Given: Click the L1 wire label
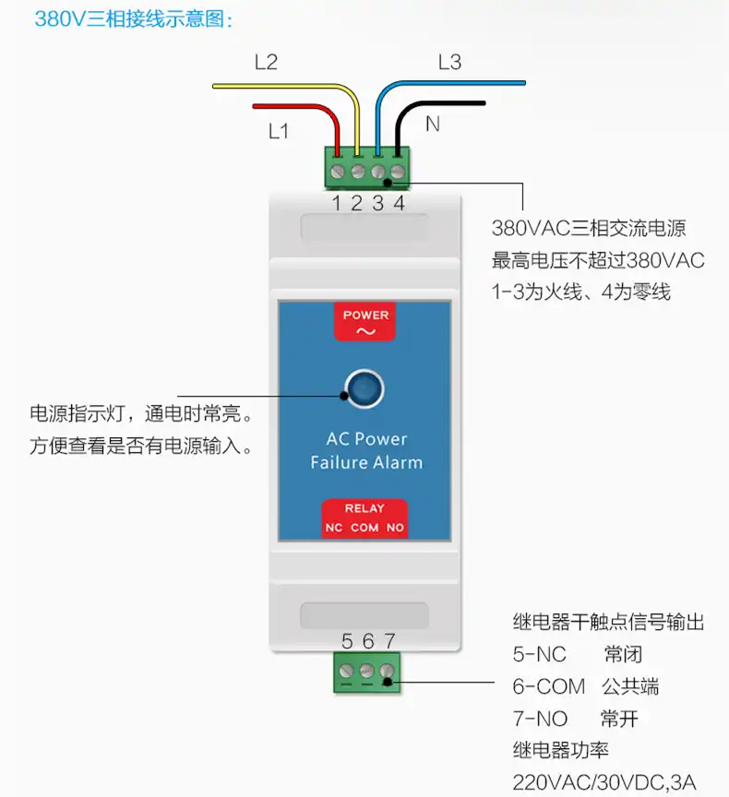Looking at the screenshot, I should pyautogui.click(x=279, y=131).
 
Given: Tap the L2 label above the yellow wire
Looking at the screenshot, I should pyautogui.click(x=266, y=63).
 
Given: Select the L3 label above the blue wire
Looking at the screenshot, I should pyautogui.click(x=449, y=63).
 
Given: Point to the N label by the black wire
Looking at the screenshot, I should pyautogui.click(x=432, y=124).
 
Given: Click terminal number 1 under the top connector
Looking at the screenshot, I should pyautogui.click(x=338, y=203).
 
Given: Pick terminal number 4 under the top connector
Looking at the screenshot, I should pyautogui.click(x=399, y=203).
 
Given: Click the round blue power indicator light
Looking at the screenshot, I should pyautogui.click(x=364, y=389).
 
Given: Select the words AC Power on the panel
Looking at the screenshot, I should pyautogui.click(x=366, y=439).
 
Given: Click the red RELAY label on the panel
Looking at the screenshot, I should pyautogui.click(x=364, y=508).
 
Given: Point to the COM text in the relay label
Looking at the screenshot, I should pyautogui.click(x=364, y=529).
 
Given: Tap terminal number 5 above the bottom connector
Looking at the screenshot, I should pyautogui.click(x=347, y=641).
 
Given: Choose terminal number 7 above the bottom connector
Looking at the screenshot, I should pyautogui.click(x=389, y=641).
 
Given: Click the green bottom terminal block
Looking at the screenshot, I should pyautogui.click(x=367, y=672).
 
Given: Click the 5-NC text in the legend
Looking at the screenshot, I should pyautogui.click(x=539, y=655).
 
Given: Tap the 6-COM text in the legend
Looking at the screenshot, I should pyautogui.click(x=548, y=686).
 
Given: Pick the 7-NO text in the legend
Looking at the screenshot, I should pyautogui.click(x=540, y=718).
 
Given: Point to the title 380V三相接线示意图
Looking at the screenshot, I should pyautogui.click(x=134, y=18).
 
